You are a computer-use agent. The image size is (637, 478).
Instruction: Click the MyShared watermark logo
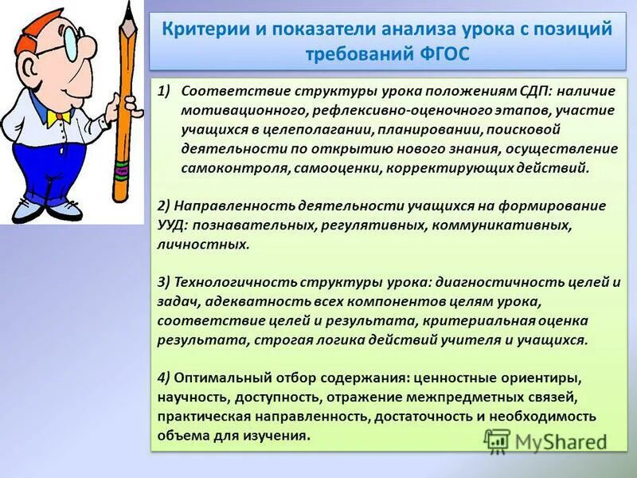point(549,441)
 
